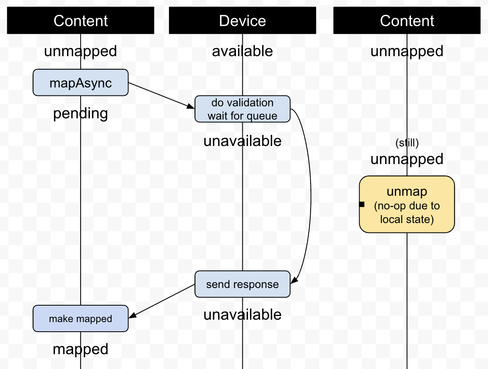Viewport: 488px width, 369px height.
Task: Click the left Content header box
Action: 81,20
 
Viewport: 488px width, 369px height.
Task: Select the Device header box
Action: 242,20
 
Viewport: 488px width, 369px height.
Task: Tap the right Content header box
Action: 407,20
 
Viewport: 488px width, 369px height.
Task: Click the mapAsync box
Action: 81,83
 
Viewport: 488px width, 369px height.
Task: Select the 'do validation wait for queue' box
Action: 242,109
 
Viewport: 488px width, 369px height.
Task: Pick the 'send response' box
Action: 242,284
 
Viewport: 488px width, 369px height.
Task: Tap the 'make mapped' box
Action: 81,319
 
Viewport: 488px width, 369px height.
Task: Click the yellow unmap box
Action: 407,205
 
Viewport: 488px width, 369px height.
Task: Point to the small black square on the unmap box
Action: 362,205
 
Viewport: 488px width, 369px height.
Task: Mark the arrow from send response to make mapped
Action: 162,301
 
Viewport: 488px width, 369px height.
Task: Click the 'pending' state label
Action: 81,114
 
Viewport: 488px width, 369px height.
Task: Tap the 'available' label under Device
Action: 242,51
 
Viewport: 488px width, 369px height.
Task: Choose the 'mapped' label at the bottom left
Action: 81,349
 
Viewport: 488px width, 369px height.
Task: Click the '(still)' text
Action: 407,143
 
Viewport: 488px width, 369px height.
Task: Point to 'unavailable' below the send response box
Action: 242,314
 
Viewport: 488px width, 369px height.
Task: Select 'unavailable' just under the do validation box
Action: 242,141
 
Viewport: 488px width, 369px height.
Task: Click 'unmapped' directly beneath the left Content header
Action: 81,51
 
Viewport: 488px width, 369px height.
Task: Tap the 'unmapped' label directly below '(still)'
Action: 407,159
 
